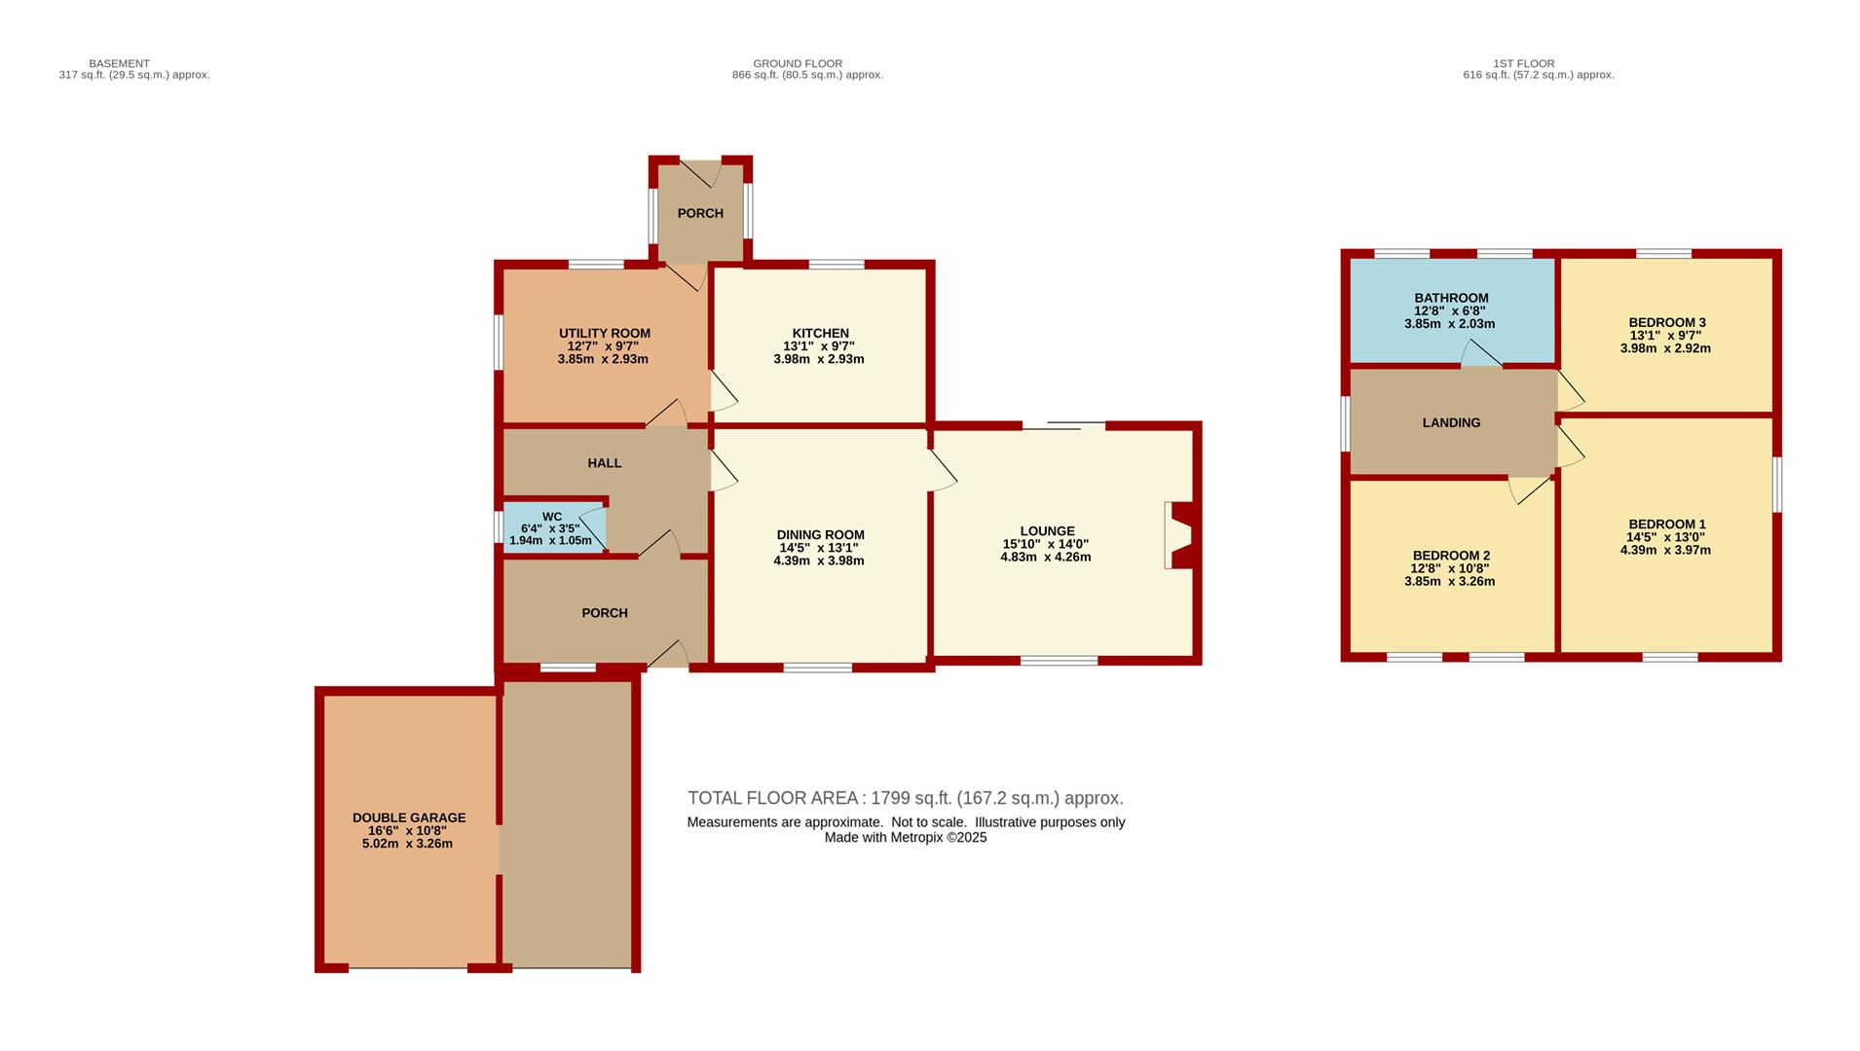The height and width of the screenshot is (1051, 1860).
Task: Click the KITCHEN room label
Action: coord(821,334)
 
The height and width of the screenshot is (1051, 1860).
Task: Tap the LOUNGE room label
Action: coord(1047,531)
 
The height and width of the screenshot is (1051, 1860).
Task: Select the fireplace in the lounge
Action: coord(1179,535)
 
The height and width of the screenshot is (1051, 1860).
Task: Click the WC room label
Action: coord(552,517)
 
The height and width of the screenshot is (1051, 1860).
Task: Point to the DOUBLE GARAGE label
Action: coord(409,817)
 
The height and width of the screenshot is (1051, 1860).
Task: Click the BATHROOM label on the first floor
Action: coord(1451,298)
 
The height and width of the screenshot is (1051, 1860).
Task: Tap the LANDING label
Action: coord(1451,422)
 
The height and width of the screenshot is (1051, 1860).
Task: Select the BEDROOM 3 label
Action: coord(1667,322)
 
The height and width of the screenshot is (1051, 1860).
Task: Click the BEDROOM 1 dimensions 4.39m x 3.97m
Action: coord(1665,550)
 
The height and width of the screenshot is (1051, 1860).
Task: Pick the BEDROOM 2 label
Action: coord(1451,556)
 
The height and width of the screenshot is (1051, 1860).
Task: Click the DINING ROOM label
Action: coord(821,534)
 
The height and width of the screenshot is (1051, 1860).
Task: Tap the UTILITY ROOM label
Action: coord(605,333)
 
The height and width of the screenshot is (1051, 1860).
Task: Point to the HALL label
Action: coord(605,463)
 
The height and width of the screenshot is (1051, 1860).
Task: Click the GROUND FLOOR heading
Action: coord(798,63)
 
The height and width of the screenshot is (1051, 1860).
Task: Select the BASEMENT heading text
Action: coord(120,63)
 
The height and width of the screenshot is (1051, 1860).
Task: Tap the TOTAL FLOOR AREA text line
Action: coord(906,798)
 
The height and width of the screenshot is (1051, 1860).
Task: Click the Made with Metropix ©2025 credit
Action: coord(906,837)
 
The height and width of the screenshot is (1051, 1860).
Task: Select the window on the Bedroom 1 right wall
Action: coord(1777,484)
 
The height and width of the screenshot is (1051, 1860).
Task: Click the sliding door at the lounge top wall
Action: coord(1063,425)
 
